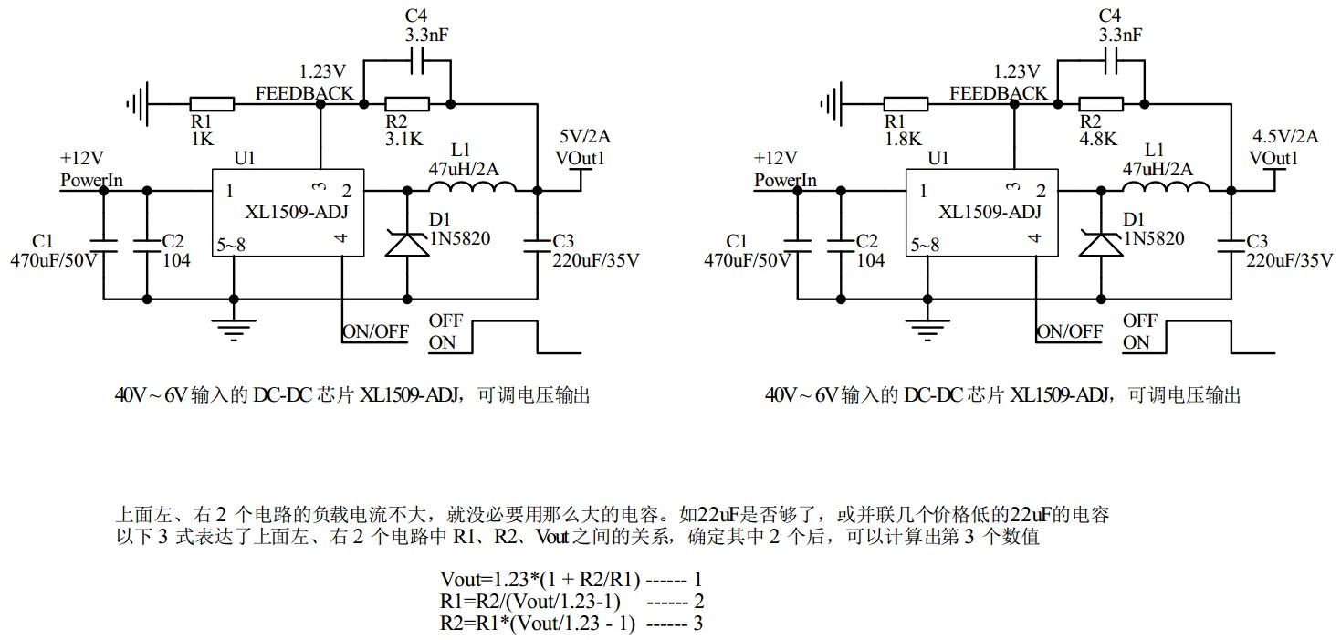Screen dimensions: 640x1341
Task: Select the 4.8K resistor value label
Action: click(1098, 140)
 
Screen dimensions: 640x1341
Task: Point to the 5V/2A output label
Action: click(584, 137)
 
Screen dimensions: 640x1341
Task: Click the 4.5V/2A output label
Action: click(1285, 137)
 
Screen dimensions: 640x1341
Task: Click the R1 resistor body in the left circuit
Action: click(212, 104)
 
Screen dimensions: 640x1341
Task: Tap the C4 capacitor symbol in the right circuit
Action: click(1110, 61)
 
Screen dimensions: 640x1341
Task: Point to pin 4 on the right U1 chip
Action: click(1034, 239)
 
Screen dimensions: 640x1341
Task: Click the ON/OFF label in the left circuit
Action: click(375, 331)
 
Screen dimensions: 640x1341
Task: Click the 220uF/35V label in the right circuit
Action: click(1290, 260)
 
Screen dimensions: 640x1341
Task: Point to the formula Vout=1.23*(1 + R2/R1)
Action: click(540, 579)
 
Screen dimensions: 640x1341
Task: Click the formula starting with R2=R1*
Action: click(538, 623)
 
